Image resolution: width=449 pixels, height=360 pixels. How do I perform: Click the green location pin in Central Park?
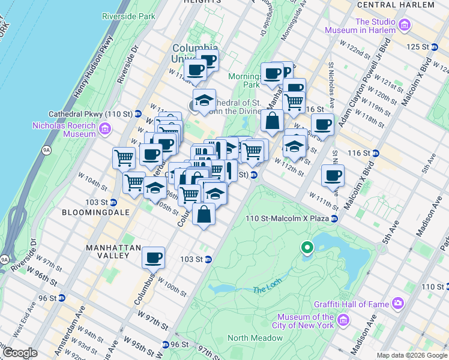point(307,247)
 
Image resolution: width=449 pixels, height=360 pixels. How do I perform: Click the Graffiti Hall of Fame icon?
point(398,304)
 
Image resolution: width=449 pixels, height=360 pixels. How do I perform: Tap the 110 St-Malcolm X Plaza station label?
point(287,218)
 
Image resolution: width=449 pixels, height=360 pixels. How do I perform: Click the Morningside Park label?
point(244,80)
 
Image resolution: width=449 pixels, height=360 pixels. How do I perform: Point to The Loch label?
point(266,290)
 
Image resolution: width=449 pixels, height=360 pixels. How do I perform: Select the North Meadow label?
point(255,338)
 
